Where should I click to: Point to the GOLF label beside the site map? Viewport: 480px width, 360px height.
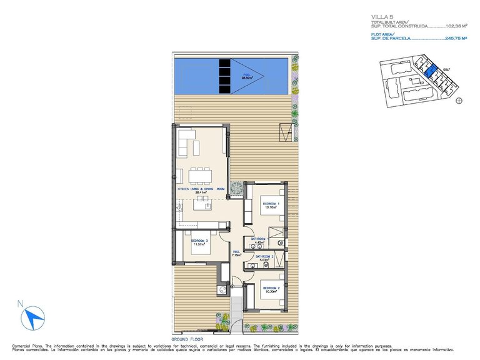point(446,69)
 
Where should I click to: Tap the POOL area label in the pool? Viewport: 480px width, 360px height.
point(247,76)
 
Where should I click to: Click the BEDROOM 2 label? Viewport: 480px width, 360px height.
point(271,289)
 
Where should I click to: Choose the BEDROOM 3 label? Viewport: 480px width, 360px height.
point(199,241)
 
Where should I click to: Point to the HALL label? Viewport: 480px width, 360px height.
point(236,252)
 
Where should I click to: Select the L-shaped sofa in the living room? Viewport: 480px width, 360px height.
point(187,142)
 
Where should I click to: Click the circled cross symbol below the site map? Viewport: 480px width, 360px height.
point(459,100)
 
